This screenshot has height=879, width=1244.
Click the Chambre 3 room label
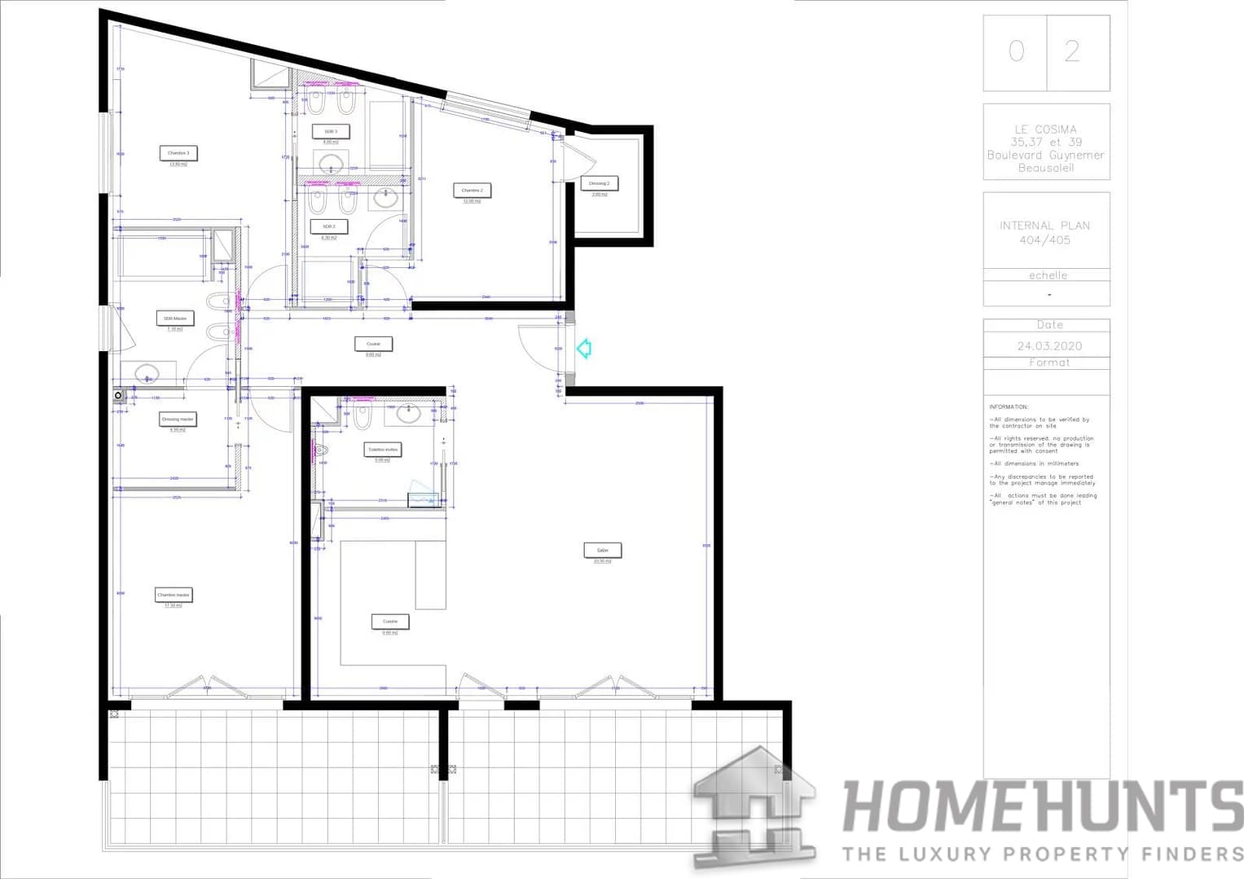tap(178, 153)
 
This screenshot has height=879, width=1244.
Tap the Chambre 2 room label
tap(472, 191)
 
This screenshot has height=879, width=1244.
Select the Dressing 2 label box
tap(599, 184)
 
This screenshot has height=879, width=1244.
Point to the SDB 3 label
tap(330, 131)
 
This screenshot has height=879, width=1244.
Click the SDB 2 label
tap(328, 226)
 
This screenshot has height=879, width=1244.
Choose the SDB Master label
tap(175, 319)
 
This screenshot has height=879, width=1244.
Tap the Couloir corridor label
tap(373, 344)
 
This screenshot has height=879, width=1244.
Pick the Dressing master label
tap(178, 420)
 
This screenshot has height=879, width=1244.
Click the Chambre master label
tap(174, 595)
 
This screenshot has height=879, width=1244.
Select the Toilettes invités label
tap(382, 450)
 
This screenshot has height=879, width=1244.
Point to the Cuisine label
tap(390, 622)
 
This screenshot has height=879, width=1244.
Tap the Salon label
tap(603, 551)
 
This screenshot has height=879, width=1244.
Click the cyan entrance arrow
tap(583, 349)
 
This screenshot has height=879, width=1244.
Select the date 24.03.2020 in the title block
tap(1049, 345)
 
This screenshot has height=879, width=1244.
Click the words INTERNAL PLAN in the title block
tap(1044, 226)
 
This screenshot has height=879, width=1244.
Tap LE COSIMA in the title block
tap(1045, 130)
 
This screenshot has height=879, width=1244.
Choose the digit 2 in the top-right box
tap(1072, 52)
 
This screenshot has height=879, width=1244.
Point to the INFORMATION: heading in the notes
tap(1009, 407)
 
